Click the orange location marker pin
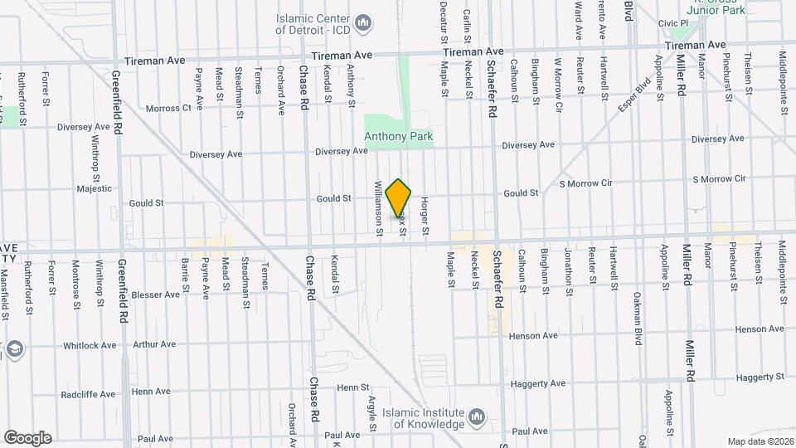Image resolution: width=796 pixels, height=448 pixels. [x=399, y=198]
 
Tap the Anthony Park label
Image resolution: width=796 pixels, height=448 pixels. [x=399, y=136]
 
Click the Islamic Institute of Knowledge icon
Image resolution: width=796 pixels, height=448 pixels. [x=477, y=416]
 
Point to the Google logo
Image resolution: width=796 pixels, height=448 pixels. [x=27, y=437]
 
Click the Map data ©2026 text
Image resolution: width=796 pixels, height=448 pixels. [x=760, y=441]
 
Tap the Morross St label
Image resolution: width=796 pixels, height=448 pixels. [x=168, y=108]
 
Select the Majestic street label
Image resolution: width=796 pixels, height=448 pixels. [x=94, y=188]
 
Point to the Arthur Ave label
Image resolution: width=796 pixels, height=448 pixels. [x=154, y=344]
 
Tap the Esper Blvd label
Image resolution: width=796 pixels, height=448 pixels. [x=634, y=97]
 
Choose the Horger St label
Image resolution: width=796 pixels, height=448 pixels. [x=424, y=213]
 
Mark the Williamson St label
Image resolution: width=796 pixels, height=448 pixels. [x=378, y=209]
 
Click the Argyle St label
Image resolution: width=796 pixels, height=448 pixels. [x=372, y=412]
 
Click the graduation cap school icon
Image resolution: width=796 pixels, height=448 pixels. [x=14, y=349]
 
